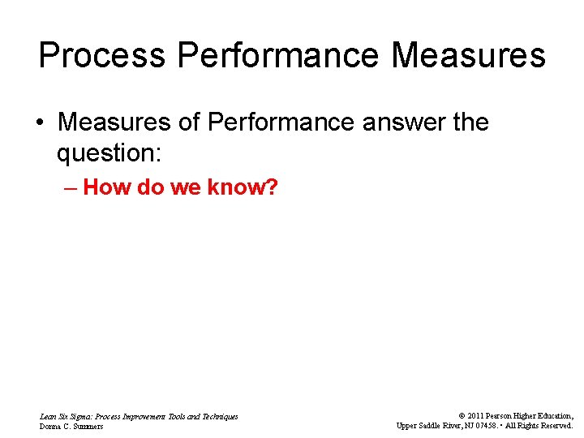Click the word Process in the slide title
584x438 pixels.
click(102, 56)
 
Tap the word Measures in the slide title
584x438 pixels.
click(468, 56)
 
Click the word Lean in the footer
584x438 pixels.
click(48, 416)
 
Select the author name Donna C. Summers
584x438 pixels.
click(71, 427)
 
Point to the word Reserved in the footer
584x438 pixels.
click(556, 426)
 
